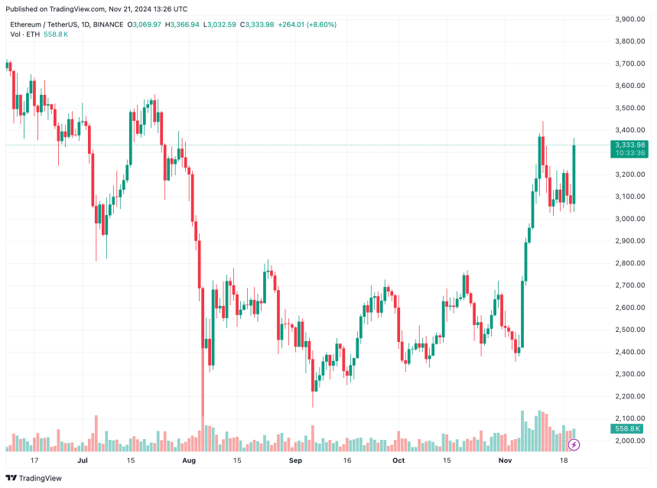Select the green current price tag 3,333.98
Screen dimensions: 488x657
pyautogui.click(x=629, y=145)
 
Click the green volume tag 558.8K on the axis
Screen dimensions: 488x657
pyautogui.click(x=626, y=429)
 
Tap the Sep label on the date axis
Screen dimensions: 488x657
pyautogui.click(x=296, y=461)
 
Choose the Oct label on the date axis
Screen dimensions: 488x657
pyautogui.click(x=398, y=461)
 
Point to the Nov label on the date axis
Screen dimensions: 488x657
pyautogui.click(x=505, y=461)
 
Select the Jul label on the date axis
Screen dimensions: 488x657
pyautogui.click(x=83, y=461)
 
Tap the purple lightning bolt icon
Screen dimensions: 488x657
pyautogui.click(x=573, y=444)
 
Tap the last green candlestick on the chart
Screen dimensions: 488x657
pyautogui.click(x=573, y=173)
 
